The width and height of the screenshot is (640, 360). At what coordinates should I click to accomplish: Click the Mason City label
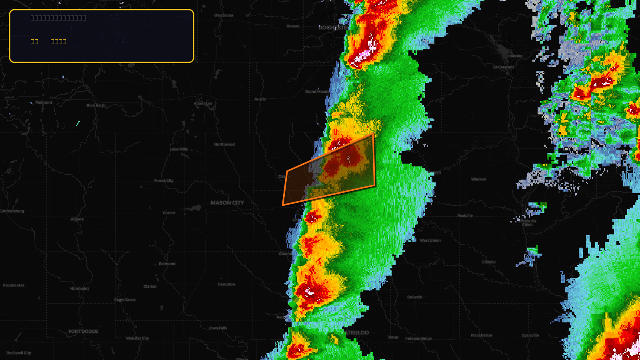tap(227, 203)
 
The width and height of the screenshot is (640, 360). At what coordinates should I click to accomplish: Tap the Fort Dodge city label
tap(83, 331)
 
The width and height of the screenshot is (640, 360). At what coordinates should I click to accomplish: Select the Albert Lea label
tap(203, 103)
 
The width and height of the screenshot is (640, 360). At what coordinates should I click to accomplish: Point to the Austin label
tap(260, 99)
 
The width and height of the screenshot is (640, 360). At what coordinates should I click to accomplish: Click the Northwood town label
tap(224, 144)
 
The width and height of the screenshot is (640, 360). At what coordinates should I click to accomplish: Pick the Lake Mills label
tap(179, 149)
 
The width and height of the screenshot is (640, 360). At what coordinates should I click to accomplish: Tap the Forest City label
tap(164, 181)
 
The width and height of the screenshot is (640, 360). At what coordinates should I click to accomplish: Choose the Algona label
tap(77, 219)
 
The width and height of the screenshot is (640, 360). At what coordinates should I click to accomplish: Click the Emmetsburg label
tap(12, 211)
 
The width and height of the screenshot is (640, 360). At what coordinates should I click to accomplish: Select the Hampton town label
tap(226, 284)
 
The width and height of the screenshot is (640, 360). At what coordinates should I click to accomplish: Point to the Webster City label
tap(138, 338)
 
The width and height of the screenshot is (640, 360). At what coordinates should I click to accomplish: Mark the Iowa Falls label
tap(218, 328)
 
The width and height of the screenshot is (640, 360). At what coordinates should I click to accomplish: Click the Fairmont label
tap(44, 102)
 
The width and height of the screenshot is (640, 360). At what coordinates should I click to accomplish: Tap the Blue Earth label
tap(96, 106)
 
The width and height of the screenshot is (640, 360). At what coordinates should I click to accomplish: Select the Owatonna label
tap(224, 16)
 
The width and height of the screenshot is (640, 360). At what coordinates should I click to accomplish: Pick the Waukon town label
tap(478, 179)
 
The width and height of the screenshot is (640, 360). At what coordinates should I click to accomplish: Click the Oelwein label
tap(415, 297)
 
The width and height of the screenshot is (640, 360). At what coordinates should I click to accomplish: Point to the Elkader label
tap(489, 262)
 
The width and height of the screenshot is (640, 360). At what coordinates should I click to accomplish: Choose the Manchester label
tap(482, 335)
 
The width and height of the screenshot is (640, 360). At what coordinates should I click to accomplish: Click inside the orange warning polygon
tap(332, 172)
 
